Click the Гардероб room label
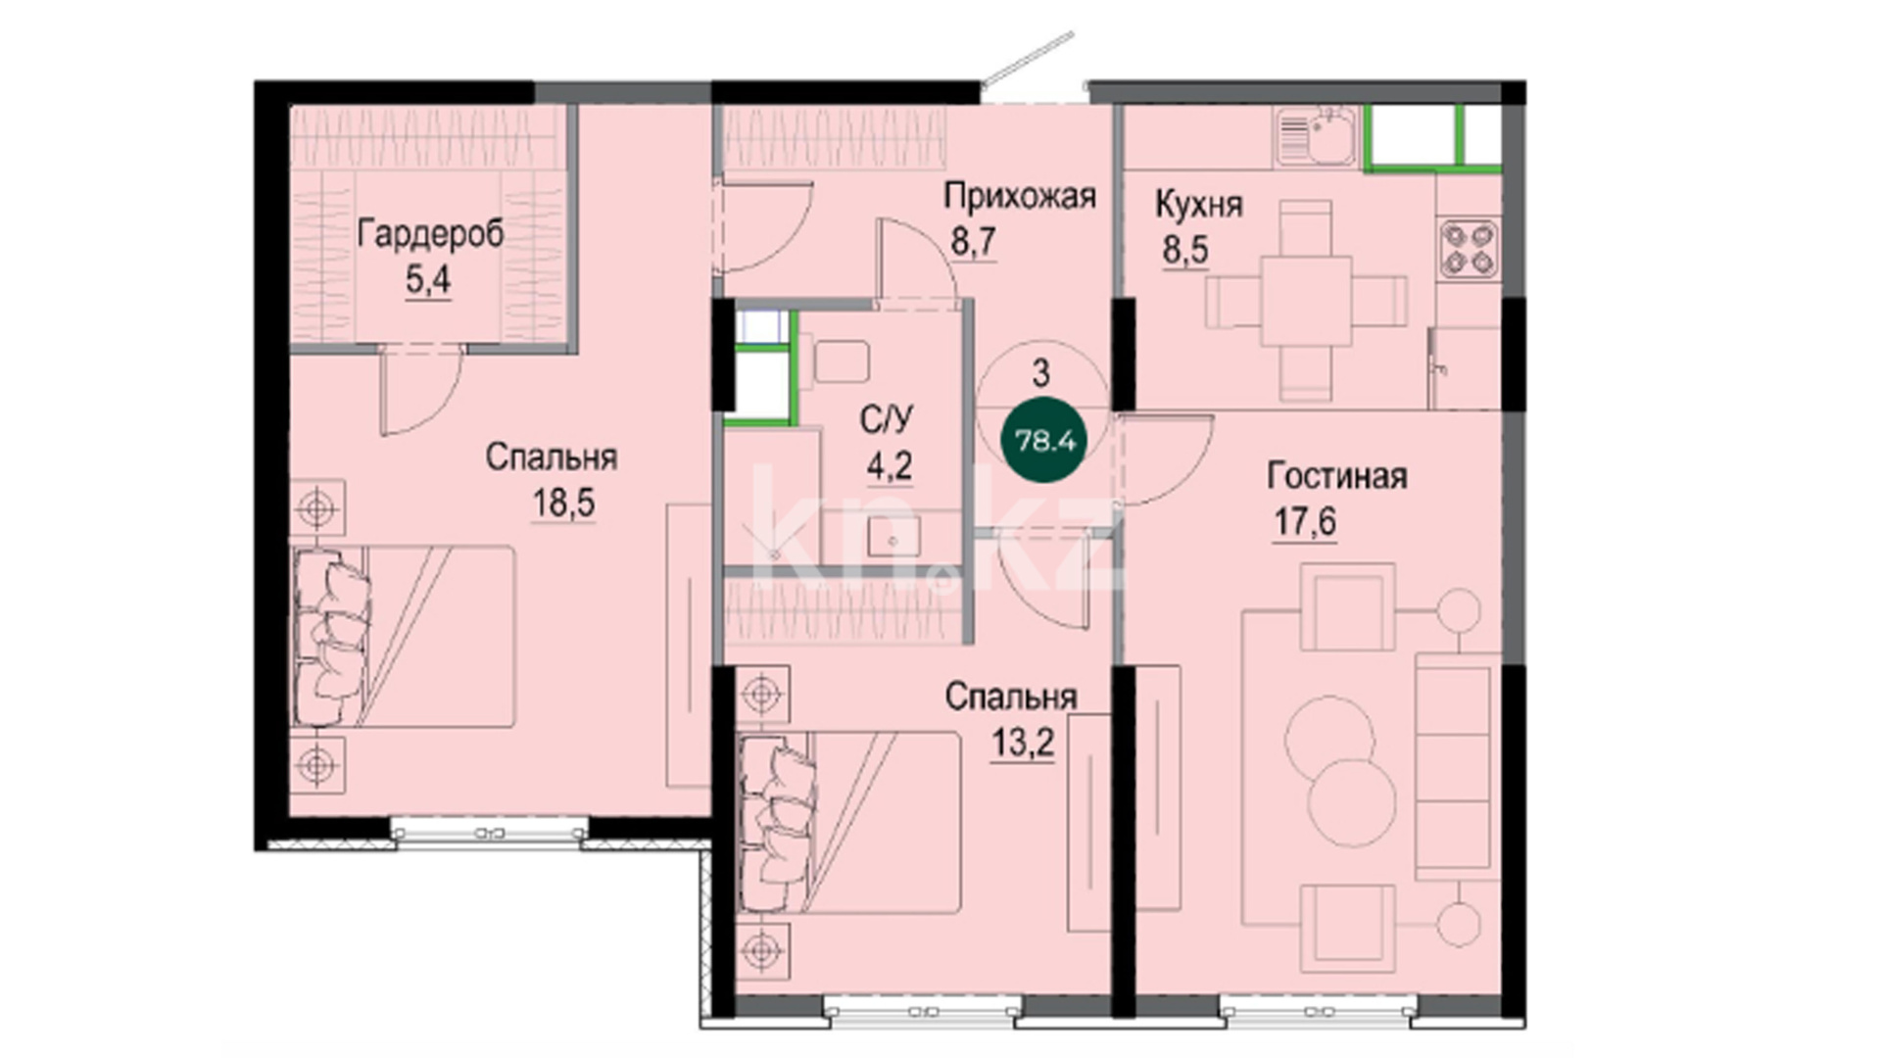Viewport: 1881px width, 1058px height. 431,236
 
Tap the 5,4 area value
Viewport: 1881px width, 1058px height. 428,281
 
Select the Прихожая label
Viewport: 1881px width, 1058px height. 1019,197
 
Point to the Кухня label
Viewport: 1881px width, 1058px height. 1199,205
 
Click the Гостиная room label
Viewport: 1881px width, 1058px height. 1337,476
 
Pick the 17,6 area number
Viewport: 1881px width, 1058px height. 1304,522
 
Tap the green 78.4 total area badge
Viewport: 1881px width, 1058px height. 1044,441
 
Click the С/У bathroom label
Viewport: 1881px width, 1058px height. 886,420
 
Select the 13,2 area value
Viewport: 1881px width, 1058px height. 1023,743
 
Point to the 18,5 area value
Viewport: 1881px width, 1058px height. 563,504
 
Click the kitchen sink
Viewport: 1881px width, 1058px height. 1317,136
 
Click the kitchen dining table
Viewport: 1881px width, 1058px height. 1306,300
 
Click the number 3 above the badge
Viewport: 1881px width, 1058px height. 1041,372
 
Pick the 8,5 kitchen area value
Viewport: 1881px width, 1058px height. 1185,251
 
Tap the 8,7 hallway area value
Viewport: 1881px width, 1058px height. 973,241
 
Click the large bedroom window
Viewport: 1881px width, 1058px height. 489,834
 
